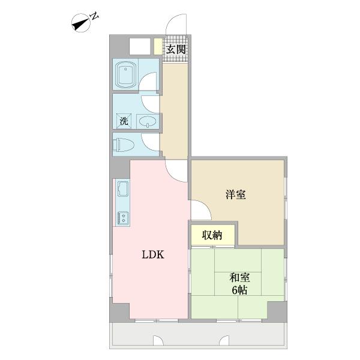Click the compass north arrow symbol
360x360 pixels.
81,23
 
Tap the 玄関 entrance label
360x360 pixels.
176,49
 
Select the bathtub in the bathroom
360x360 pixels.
125,74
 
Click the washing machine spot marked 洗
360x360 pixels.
124,121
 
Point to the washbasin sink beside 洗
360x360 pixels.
148,121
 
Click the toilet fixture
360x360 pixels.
123,145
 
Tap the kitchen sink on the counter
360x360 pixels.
123,189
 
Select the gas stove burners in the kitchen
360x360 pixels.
123,218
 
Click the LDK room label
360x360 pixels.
153,254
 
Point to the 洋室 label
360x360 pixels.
236,194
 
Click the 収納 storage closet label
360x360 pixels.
212,235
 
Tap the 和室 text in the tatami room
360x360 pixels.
239,278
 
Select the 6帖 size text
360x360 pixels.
239,290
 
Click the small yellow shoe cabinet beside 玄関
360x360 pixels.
158,46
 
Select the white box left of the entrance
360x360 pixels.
140,46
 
